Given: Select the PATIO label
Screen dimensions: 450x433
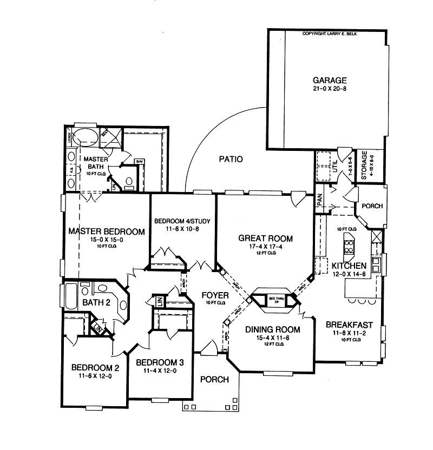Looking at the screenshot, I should (x=231, y=159).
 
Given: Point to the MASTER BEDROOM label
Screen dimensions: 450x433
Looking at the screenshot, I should (x=107, y=231).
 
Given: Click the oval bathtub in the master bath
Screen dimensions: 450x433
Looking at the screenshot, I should (x=85, y=136).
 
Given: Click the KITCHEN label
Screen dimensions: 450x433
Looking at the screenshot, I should (x=349, y=266).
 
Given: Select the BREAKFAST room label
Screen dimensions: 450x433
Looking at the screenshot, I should (x=349, y=325).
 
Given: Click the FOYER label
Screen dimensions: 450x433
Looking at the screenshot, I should (x=215, y=295).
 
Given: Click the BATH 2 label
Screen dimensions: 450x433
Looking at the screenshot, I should (x=96, y=302).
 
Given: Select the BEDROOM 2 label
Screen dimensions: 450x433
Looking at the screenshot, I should (x=95, y=368).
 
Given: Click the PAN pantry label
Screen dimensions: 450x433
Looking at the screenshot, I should (x=320, y=201).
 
